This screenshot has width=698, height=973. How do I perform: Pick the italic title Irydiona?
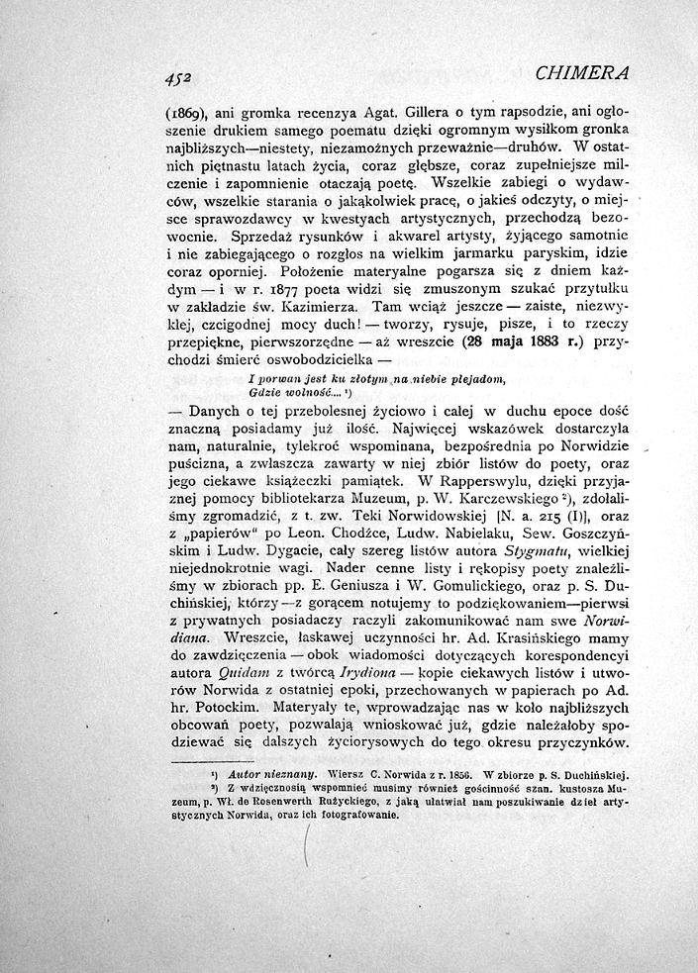coord(365,671)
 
